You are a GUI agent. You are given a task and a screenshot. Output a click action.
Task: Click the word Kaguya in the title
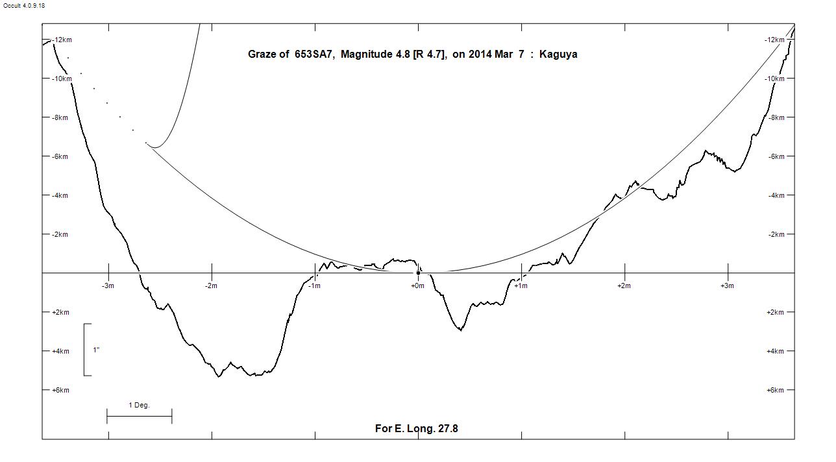pyautogui.click(x=558, y=55)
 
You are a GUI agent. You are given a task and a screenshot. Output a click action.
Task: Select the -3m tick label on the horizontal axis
pyautogui.click(x=108, y=286)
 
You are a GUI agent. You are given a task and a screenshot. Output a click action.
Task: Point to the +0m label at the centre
pyautogui.click(x=417, y=286)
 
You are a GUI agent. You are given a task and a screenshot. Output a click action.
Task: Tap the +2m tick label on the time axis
pyautogui.click(x=624, y=286)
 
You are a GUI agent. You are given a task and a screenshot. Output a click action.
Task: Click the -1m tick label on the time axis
pyautogui.click(x=314, y=286)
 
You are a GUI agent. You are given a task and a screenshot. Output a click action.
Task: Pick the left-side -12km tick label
pyautogui.click(x=62, y=40)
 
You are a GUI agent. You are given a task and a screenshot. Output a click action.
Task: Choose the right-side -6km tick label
pyautogui.click(x=776, y=157)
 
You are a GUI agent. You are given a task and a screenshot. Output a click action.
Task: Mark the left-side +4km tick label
pyautogui.click(x=60, y=352)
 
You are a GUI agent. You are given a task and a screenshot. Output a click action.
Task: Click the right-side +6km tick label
pyautogui.click(x=776, y=391)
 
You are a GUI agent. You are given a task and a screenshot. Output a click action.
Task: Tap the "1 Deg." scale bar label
pyautogui.click(x=139, y=406)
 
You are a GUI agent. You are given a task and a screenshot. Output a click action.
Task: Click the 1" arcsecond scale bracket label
pyautogui.click(x=96, y=350)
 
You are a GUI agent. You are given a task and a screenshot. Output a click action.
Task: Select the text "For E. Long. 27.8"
pyautogui.click(x=417, y=428)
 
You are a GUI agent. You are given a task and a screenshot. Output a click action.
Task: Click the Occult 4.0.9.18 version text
pyautogui.click(x=24, y=6)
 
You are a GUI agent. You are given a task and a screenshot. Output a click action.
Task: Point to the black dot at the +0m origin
pyautogui.click(x=418, y=273)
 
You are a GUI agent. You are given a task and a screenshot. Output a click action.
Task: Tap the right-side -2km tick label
pyautogui.click(x=776, y=235)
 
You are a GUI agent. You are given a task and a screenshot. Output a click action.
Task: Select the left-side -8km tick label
pyautogui.click(x=62, y=118)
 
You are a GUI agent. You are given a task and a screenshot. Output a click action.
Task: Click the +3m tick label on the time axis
pyautogui.click(x=727, y=286)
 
